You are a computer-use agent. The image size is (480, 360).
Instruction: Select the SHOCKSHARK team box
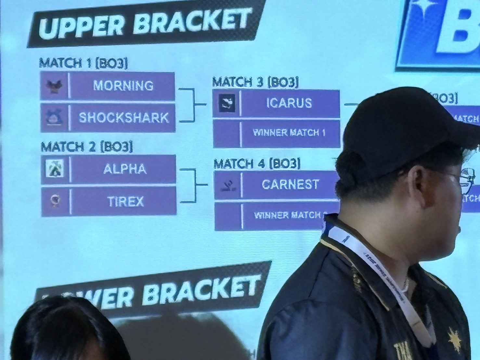123,118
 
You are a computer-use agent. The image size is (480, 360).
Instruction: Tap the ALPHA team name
124,169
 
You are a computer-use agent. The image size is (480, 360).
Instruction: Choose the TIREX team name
125,201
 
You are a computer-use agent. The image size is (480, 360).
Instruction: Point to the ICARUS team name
289,103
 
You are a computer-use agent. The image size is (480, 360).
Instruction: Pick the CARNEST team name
290,185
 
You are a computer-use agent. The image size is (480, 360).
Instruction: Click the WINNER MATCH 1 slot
289,133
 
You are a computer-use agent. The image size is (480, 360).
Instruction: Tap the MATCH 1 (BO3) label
83,63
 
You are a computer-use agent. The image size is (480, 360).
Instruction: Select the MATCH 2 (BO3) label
87,147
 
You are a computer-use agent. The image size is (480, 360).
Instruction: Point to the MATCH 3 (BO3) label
255,82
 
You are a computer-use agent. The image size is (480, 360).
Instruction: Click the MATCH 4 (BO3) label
257,163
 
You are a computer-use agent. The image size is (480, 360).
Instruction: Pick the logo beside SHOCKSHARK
54,118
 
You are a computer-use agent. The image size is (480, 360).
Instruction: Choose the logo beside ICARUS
227,103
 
